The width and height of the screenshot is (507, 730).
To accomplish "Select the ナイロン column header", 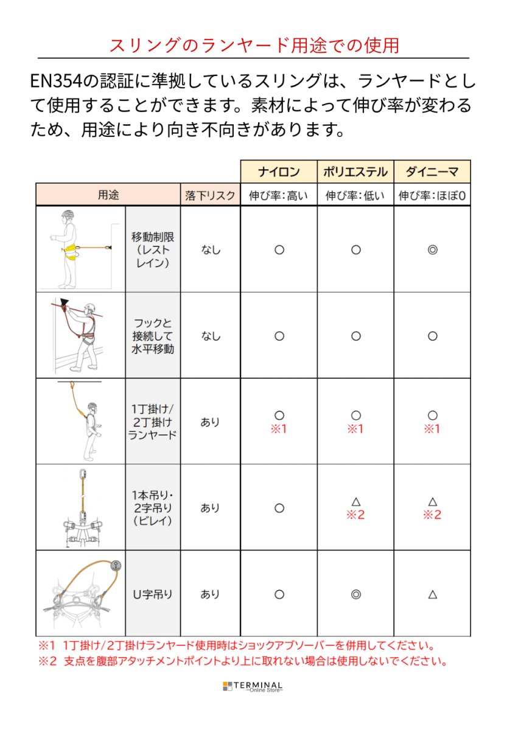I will [279, 172].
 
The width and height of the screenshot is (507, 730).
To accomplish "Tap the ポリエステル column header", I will [355, 172].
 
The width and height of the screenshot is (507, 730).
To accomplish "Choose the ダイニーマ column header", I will [432, 172].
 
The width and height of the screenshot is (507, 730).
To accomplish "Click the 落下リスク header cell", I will [210, 196].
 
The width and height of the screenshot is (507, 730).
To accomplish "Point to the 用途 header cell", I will [108, 195].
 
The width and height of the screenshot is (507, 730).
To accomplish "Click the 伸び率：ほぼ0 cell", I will [432, 196].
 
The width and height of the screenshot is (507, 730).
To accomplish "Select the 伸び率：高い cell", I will [279, 196].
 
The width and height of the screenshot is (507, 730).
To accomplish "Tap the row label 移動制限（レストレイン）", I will [152, 249].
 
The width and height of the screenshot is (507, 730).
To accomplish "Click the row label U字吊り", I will [152, 594].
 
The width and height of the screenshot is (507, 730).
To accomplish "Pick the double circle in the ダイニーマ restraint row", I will [432, 249].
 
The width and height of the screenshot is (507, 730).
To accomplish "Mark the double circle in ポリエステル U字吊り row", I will [356, 594].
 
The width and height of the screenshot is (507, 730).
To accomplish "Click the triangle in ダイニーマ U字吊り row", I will [432, 594].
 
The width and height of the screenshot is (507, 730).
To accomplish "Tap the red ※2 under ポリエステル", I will [355, 515].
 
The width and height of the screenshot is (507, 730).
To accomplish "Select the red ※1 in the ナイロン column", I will [279, 429].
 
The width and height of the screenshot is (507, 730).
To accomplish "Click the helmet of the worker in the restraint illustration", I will [68, 215].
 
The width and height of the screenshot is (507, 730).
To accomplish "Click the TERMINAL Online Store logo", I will [253, 686].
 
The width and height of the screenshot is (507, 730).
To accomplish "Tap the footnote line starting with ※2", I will [243, 661].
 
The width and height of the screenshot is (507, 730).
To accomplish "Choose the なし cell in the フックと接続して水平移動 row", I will [210, 336].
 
